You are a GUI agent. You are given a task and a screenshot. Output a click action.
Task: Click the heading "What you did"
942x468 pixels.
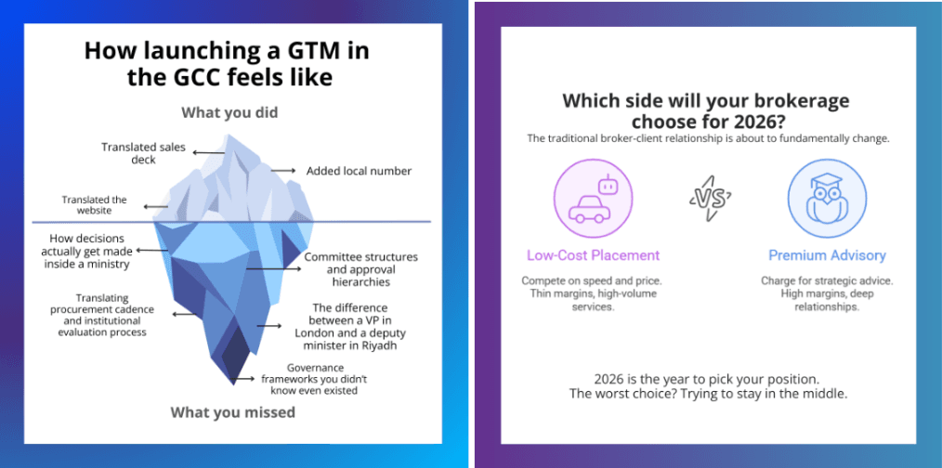tap(229, 112)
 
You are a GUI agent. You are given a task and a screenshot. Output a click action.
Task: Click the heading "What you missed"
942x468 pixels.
tap(232, 412)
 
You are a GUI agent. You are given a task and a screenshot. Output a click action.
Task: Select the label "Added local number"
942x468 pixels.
tap(360, 171)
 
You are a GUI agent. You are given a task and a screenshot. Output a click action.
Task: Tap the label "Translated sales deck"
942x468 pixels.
tap(143, 153)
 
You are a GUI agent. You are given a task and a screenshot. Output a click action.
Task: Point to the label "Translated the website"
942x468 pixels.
tap(94, 205)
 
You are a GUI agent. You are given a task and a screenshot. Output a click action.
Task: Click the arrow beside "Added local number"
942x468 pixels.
tap(282, 171)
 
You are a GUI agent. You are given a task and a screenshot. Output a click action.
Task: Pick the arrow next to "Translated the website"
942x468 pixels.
tap(156, 206)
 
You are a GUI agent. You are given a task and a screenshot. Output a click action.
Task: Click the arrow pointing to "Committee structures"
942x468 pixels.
tap(269, 269)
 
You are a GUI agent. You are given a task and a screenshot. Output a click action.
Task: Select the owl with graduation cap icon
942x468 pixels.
tap(827, 199)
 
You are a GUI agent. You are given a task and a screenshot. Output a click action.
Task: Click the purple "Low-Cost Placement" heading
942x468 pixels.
tap(593, 255)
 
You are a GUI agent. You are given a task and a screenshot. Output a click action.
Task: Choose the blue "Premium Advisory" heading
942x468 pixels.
tap(827, 255)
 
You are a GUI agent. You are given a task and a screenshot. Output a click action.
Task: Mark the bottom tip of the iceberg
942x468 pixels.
tap(233, 384)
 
